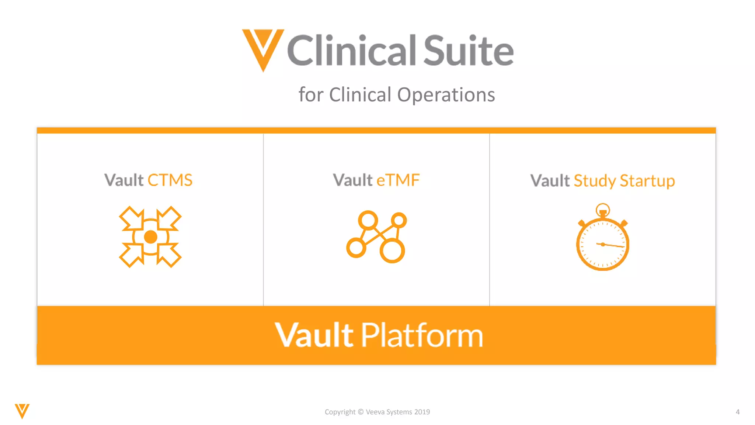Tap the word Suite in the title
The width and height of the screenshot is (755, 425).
(468, 51)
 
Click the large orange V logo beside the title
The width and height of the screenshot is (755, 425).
(263, 48)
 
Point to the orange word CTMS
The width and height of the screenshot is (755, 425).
(170, 180)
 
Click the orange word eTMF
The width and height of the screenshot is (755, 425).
(398, 180)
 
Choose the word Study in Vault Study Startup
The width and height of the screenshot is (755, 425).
(595, 181)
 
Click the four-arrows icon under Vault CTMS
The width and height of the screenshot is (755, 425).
(150, 237)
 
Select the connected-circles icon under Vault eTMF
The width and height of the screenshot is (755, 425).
(376, 236)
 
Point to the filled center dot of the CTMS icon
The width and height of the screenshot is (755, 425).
(150, 237)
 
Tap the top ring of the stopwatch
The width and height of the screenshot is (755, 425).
(603, 209)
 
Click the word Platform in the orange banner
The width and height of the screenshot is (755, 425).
(422, 335)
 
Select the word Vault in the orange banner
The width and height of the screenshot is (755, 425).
(314, 335)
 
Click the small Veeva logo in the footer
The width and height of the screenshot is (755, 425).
(22, 411)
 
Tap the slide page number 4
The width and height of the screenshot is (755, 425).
(738, 412)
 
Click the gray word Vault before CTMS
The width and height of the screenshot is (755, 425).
(124, 180)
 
